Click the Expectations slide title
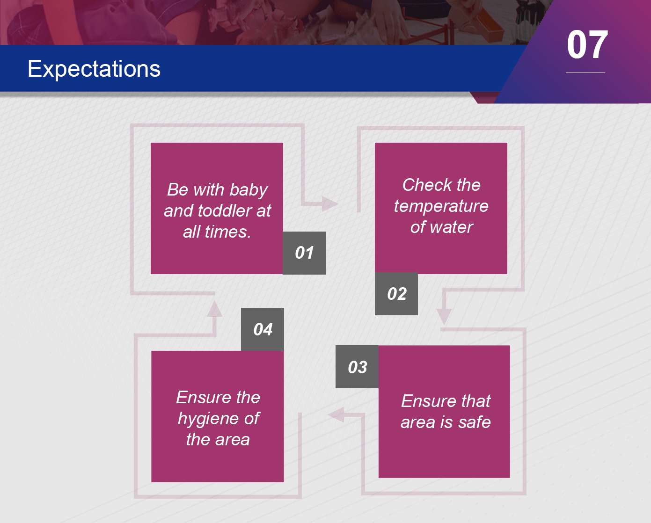[x=94, y=69]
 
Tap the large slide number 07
[x=587, y=45]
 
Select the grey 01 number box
[x=304, y=253]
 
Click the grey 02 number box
[x=396, y=294]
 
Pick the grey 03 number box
[x=357, y=367]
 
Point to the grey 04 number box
[x=262, y=329]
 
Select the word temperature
[x=441, y=207]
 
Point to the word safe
[x=475, y=422]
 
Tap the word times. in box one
[x=228, y=232]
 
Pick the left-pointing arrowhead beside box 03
[x=336, y=414]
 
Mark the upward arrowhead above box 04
[x=214, y=309]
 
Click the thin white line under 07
[x=585, y=73]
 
